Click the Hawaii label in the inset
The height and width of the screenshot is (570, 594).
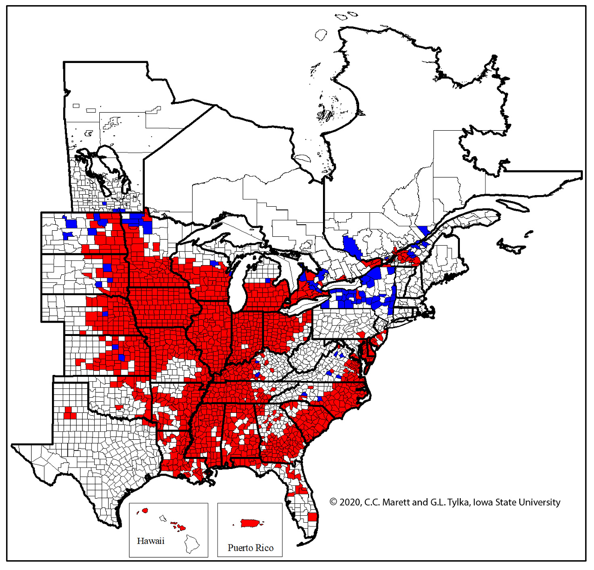coord(150,541)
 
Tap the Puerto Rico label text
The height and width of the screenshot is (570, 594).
coord(250,548)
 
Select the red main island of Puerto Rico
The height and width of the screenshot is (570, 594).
coord(249,523)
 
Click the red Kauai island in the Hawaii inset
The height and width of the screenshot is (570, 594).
coord(145,510)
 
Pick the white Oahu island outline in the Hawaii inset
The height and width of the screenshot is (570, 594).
coord(163,518)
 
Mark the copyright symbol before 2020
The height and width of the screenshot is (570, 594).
coord(333,502)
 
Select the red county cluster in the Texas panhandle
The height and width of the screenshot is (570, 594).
coord(70,413)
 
